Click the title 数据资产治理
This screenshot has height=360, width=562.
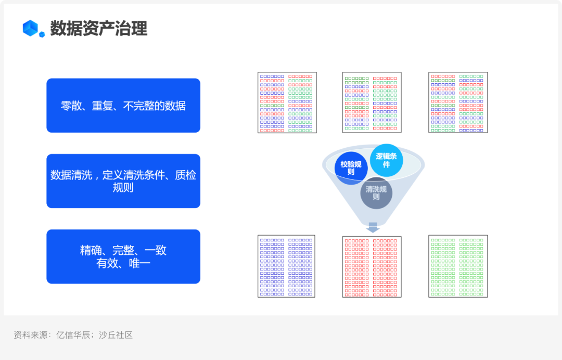click(x=98, y=28)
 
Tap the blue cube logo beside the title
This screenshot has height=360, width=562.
click(x=32, y=28)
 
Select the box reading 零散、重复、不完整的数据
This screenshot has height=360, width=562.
click(x=123, y=106)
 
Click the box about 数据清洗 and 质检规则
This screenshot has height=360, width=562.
click(x=123, y=181)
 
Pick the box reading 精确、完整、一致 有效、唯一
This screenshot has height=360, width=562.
click(x=123, y=256)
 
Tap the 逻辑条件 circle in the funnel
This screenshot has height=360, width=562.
click(x=386, y=160)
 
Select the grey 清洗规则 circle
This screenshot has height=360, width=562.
click(x=376, y=193)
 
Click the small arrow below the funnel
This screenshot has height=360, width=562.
click(x=373, y=227)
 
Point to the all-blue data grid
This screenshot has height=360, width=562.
click(x=287, y=266)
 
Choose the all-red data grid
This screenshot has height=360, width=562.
click(x=372, y=266)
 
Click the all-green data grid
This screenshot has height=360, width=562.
click(x=458, y=266)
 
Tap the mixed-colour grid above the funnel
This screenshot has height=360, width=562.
click(x=372, y=102)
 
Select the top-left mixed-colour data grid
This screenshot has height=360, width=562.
click(x=287, y=102)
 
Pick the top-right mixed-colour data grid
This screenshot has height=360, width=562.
click(x=458, y=102)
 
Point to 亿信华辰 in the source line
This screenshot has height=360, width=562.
click(x=72, y=335)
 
